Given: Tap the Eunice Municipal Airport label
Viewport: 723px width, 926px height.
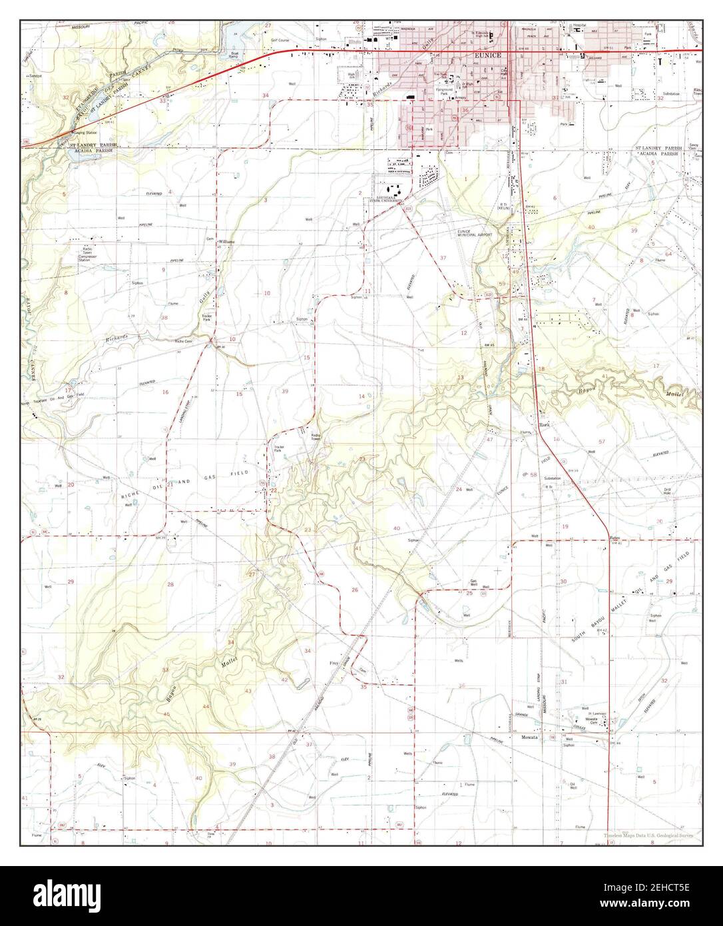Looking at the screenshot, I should [x=473, y=234].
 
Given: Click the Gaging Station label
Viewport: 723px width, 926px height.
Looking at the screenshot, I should [x=88, y=134].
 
